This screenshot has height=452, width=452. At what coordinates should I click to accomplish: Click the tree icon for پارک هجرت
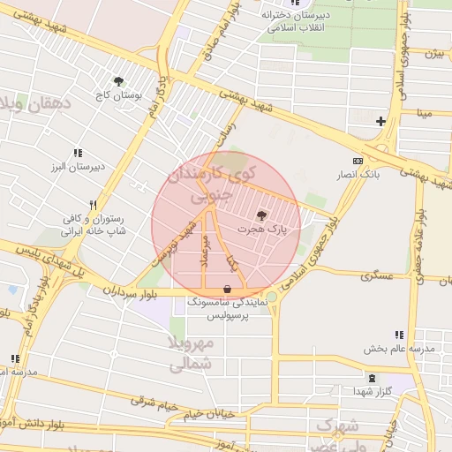[x=261, y=215]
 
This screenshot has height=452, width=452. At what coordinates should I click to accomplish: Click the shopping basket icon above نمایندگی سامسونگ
[x=228, y=289]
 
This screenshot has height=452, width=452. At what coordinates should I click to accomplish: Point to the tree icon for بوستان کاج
[x=118, y=81]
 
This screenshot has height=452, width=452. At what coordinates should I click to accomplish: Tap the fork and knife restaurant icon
[x=93, y=203]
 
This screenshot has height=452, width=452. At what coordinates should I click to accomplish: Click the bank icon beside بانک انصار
[x=358, y=161]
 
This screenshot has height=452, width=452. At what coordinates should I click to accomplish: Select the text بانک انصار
[x=361, y=174]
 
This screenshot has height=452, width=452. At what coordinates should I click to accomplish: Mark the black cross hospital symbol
[x=380, y=121]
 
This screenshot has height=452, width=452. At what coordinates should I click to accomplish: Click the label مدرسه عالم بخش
[x=399, y=350]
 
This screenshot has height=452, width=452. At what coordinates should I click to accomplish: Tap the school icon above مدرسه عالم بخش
[x=399, y=335]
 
